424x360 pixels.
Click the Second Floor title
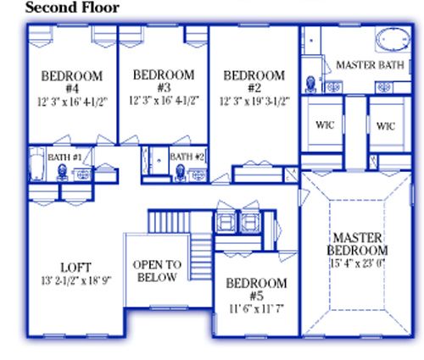click(x=72, y=8)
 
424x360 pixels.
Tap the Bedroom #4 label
click(x=72, y=82)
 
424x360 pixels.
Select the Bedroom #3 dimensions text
click(x=165, y=101)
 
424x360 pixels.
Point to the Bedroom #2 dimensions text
click(x=254, y=101)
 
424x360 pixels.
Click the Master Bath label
click(x=370, y=65)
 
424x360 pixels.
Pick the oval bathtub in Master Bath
click(x=393, y=40)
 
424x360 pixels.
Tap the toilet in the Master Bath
click(x=311, y=84)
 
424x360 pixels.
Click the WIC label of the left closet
click(x=325, y=125)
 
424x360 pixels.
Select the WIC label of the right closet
click(x=386, y=126)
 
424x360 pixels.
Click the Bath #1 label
click(x=64, y=158)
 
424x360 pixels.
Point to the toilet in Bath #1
click(x=62, y=173)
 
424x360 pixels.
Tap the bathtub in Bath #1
click(x=37, y=163)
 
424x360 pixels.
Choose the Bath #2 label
click(x=187, y=157)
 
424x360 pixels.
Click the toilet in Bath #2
click(x=180, y=173)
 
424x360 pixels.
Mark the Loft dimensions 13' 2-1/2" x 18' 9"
click(x=76, y=280)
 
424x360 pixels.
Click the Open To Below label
click(x=157, y=271)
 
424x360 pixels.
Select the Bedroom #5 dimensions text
click(x=256, y=309)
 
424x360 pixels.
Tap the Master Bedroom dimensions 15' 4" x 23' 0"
click(x=358, y=263)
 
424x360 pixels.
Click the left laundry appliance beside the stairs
click(x=226, y=222)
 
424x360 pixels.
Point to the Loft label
click(x=75, y=268)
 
